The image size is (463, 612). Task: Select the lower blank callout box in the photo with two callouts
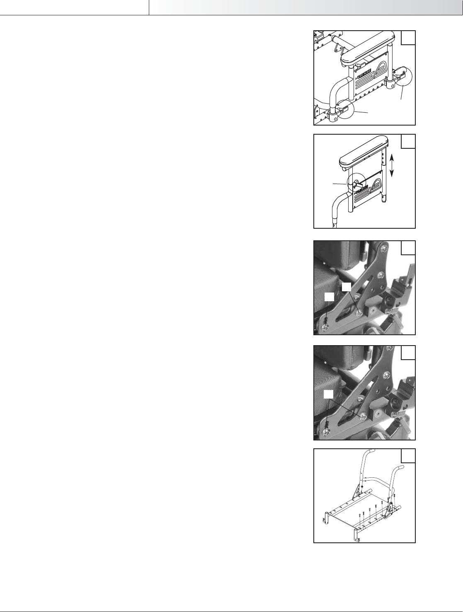[x=329, y=297]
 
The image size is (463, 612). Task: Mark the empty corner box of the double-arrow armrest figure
[x=408, y=141]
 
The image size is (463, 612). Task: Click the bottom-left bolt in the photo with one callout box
[x=326, y=433]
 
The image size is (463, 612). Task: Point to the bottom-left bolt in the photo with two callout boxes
[x=326, y=328]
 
